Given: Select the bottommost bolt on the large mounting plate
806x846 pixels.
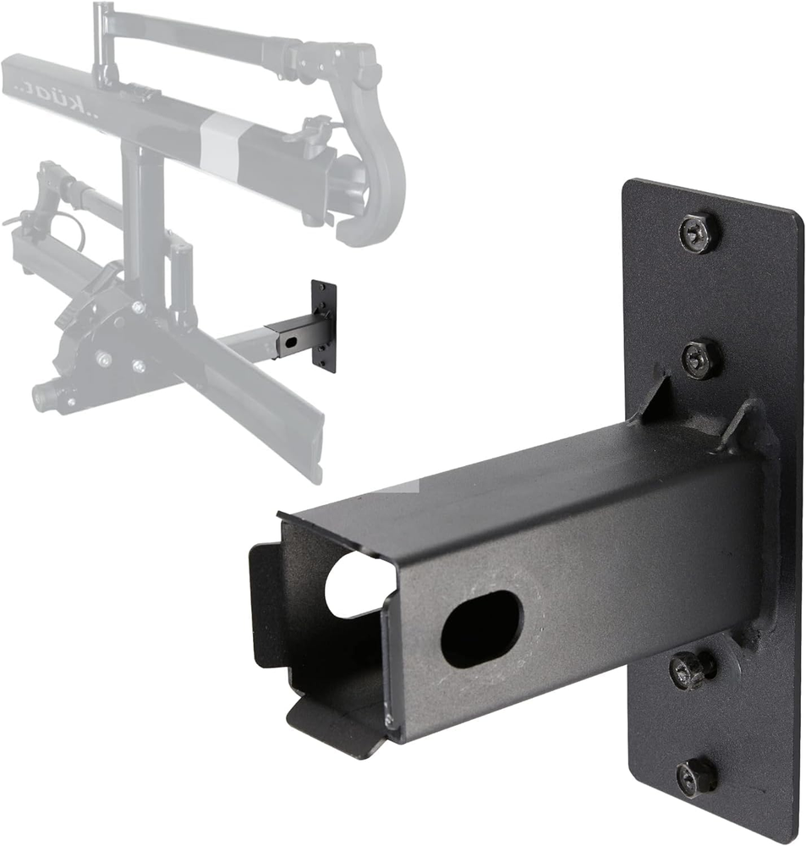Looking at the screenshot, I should (x=697, y=775).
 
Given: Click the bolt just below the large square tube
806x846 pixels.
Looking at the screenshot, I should (x=692, y=670).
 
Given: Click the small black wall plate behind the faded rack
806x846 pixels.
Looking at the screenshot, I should (x=324, y=326).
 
